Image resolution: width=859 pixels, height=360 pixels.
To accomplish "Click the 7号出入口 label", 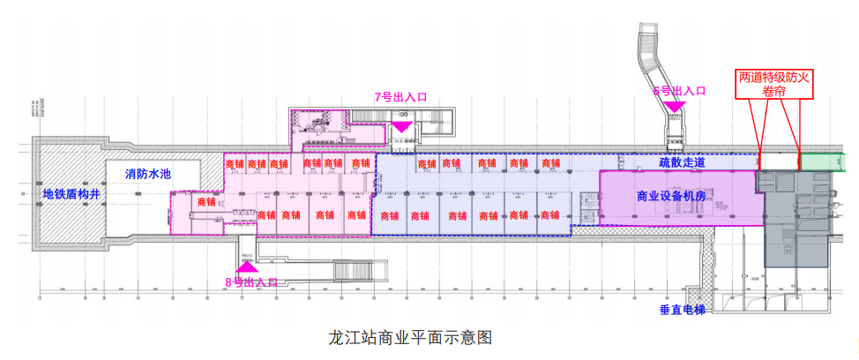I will click(x=400, y=96).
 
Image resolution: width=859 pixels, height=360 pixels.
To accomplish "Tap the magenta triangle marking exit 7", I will click(x=401, y=126).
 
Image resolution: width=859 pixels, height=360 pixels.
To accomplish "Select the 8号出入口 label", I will click(x=250, y=282).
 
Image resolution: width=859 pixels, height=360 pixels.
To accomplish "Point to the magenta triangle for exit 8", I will click(x=245, y=264).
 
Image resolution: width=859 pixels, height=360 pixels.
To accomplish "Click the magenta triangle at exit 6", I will click(x=675, y=108).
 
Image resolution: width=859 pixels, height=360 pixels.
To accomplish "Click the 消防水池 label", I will click(x=147, y=175).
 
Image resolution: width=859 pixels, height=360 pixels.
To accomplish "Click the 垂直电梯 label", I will click(x=683, y=311).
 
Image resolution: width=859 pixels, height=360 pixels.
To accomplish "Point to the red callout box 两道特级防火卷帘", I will click(x=773, y=85).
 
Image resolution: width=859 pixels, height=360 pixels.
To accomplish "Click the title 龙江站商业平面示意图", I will click(x=408, y=337).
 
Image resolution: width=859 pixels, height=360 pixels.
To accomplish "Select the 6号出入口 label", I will click(x=679, y=91).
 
